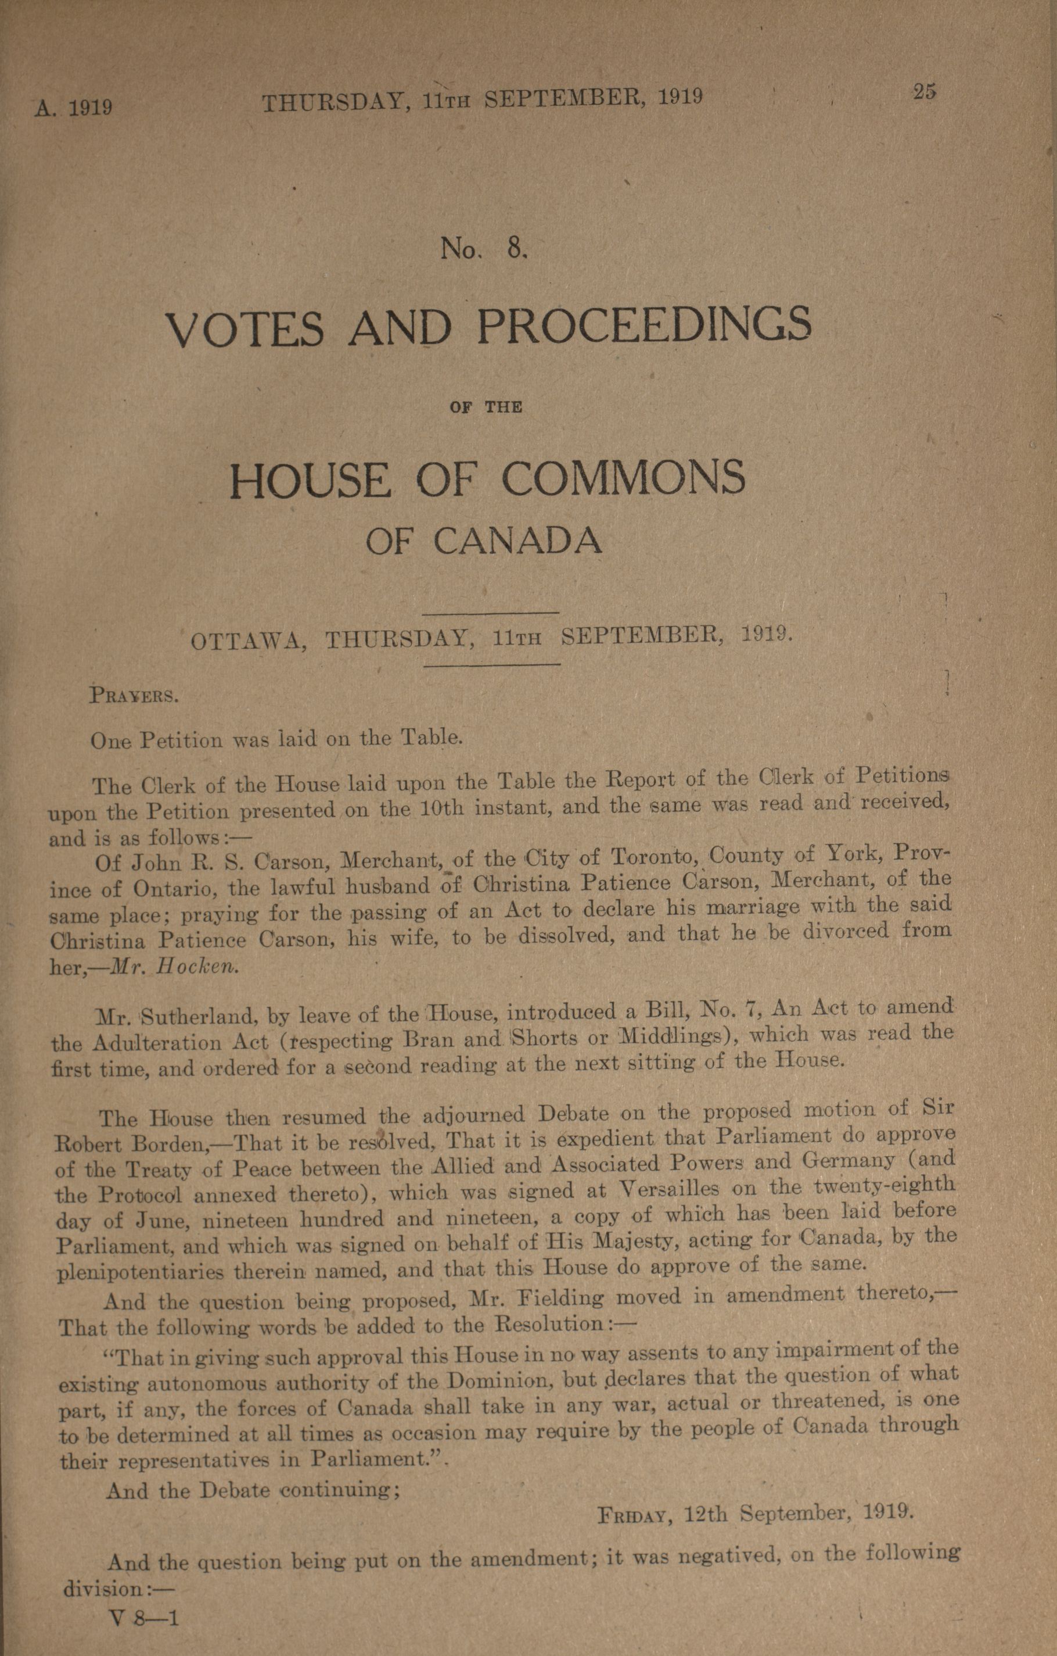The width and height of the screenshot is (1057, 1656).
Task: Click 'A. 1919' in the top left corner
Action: [74, 108]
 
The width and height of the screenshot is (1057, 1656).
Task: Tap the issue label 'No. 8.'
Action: [484, 248]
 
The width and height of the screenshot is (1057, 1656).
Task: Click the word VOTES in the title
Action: [245, 329]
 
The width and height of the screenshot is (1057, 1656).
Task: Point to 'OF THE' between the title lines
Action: [486, 406]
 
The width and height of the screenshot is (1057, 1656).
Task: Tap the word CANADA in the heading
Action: [517, 541]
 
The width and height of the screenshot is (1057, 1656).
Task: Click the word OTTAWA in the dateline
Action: [248, 642]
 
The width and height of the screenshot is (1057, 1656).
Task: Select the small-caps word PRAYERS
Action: [135, 695]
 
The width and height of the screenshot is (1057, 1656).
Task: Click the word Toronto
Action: [653, 857]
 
